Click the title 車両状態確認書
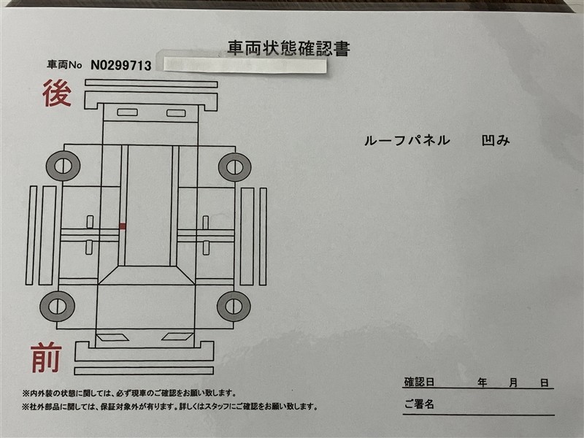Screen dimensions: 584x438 (288, 48)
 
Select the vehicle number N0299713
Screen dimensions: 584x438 (121, 66)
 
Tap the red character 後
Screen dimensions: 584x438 (57, 93)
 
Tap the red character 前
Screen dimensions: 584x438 (46, 358)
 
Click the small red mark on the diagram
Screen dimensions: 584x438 (123, 226)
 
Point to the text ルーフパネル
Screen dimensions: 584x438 (407, 140)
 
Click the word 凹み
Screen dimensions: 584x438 (496, 140)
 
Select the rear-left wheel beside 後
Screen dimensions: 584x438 (63, 166)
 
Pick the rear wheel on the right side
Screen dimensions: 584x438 (234, 167)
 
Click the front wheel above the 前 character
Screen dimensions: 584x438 (58, 306)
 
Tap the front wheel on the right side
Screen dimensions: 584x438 (234, 306)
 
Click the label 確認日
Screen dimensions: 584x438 (419, 382)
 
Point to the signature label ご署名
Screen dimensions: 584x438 (419, 404)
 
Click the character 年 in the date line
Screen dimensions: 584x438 (483, 383)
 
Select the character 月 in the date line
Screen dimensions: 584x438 (513, 383)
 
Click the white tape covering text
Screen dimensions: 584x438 (245, 65)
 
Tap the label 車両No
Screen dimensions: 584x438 (64, 65)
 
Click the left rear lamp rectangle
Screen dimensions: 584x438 (127, 112)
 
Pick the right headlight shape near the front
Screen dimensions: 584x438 (177, 337)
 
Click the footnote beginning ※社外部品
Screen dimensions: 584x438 (170, 407)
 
